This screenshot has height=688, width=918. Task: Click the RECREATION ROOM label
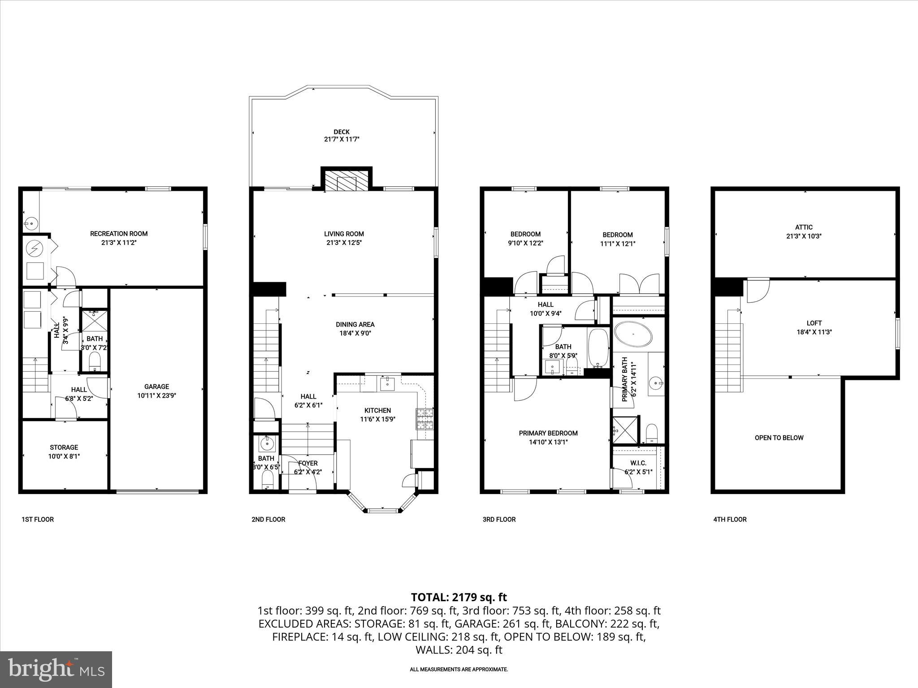click(119, 233)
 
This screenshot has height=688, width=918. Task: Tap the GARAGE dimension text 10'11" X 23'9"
click(156, 396)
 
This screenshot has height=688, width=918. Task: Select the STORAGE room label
click(64, 447)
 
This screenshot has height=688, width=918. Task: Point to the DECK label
click(342, 132)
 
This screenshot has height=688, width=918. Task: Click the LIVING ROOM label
click(344, 233)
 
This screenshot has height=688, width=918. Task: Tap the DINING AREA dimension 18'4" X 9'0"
click(355, 333)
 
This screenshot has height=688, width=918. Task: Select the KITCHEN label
click(377, 410)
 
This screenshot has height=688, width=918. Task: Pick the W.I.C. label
click(638, 463)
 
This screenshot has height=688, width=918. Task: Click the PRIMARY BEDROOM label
click(548, 433)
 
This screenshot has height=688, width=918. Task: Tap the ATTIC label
click(804, 227)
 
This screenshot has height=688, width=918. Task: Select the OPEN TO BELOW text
click(779, 438)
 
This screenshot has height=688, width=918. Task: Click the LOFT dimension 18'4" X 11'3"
click(814, 332)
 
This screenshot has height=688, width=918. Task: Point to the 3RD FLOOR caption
click(499, 519)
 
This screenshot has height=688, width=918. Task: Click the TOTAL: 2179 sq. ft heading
click(459, 597)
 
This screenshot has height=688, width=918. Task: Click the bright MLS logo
click(56, 669)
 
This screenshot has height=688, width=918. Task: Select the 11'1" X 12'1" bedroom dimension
click(617, 244)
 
